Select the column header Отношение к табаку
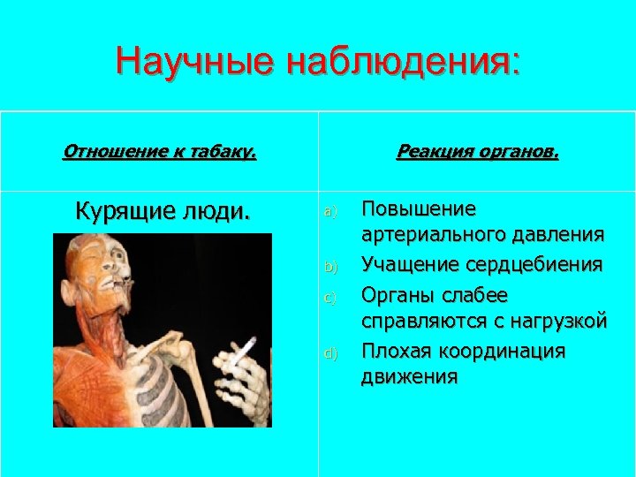pos(159,151)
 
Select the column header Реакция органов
pos(477,151)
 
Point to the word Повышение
pos(419,208)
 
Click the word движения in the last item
pos(409,378)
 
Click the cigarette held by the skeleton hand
pos(241,352)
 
